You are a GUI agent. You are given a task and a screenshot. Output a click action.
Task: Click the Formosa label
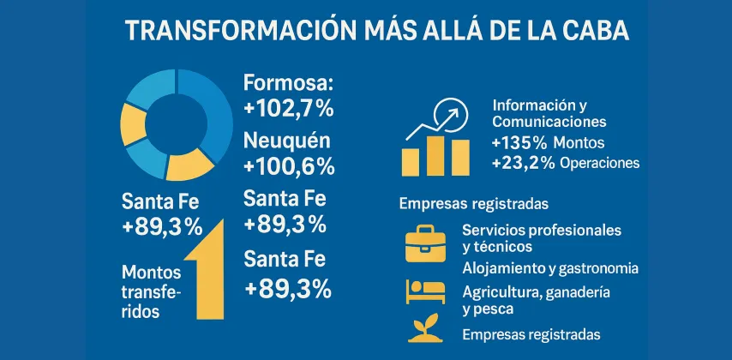[286, 83]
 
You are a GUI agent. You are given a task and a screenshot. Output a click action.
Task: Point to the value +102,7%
[288, 109]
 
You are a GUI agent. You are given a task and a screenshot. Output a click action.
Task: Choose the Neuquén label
[286, 140]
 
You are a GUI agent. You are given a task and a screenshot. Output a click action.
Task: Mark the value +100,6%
[288, 165]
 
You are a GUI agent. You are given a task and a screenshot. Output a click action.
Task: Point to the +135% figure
[519, 141]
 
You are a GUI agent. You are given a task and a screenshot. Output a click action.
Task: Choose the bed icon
[426, 292]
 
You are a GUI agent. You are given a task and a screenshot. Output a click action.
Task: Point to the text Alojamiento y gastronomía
[549, 268]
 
